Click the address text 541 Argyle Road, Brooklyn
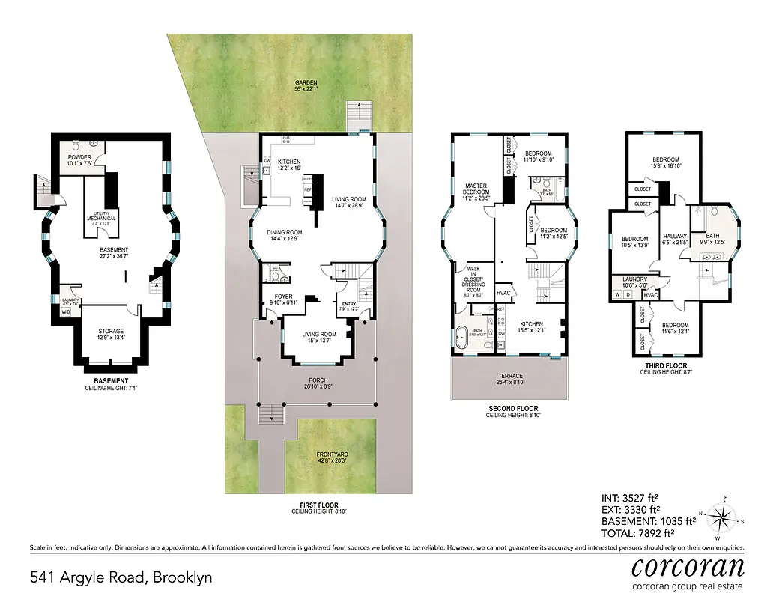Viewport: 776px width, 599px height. tap(121, 577)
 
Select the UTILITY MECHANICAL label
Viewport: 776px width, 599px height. tap(100, 219)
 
